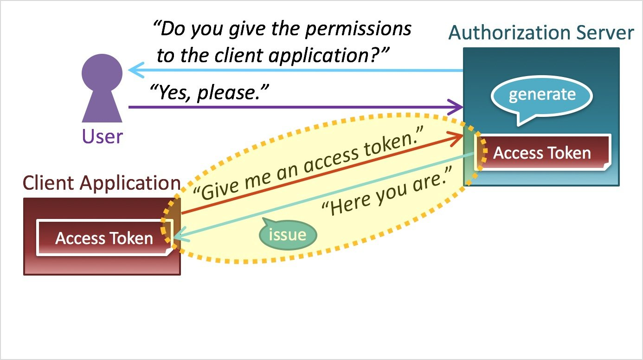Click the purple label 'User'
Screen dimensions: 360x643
(103, 136)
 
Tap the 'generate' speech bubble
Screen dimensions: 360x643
(542, 95)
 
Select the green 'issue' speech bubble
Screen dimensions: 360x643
(288, 235)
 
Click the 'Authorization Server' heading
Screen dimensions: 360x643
(541, 33)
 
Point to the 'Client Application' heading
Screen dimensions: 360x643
(102, 183)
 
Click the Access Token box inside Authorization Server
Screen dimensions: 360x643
(542, 153)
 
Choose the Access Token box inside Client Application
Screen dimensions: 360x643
(104, 238)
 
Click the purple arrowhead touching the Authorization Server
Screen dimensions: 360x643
(458, 107)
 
